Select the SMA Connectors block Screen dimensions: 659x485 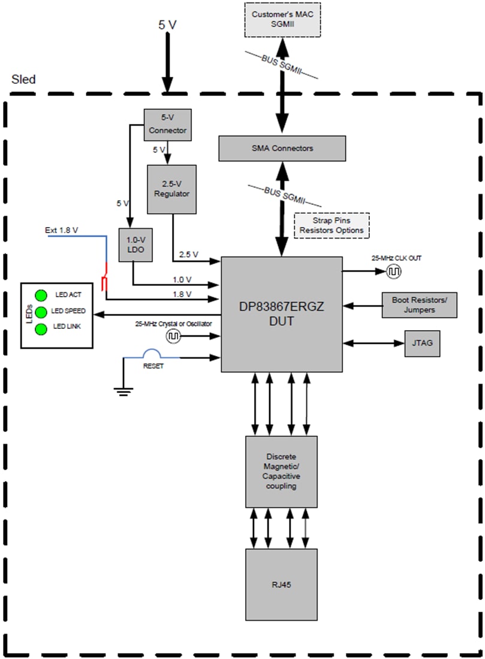282,148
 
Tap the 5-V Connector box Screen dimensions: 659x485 168,125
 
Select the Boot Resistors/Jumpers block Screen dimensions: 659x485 420,305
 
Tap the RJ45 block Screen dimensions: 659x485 281,584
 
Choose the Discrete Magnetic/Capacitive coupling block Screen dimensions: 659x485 281,471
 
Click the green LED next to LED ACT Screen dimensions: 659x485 41,295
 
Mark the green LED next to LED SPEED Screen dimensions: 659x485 41,312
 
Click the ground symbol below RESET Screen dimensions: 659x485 123,392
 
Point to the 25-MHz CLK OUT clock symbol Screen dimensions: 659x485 394,271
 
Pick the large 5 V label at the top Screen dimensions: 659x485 168,25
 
